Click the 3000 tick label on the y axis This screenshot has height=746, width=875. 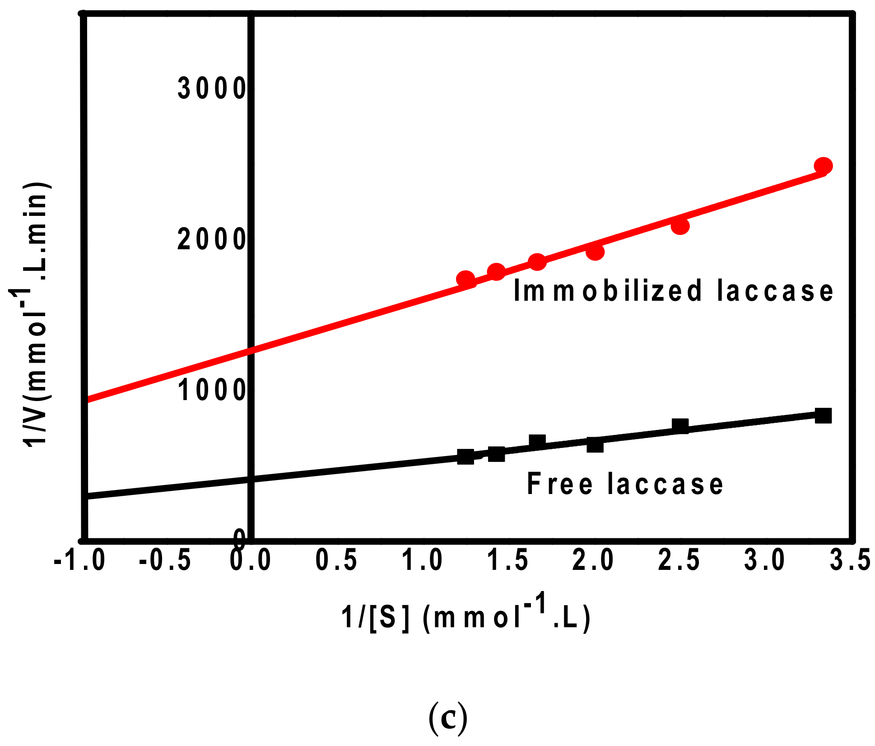[x=211, y=88]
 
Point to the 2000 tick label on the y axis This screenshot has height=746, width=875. [x=211, y=239]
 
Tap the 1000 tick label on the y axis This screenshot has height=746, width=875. [x=211, y=390]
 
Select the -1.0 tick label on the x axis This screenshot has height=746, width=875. [x=80, y=560]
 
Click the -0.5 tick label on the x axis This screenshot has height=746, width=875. [x=165, y=560]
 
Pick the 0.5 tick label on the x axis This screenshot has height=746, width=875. [x=336, y=560]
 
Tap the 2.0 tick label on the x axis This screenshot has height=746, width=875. [x=593, y=560]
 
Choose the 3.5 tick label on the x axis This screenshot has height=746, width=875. [x=850, y=560]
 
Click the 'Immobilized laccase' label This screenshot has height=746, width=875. [x=673, y=290]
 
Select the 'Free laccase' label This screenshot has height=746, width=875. [x=625, y=484]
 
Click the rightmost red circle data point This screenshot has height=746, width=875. [x=823, y=166]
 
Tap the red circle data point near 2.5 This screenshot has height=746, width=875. [x=680, y=226]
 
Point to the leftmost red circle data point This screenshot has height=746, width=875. [x=465, y=279]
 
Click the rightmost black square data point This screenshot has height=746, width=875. [x=823, y=415]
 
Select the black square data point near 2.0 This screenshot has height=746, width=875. [x=595, y=445]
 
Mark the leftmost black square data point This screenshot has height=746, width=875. [x=465, y=457]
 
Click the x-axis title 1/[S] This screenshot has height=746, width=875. [x=465, y=616]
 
